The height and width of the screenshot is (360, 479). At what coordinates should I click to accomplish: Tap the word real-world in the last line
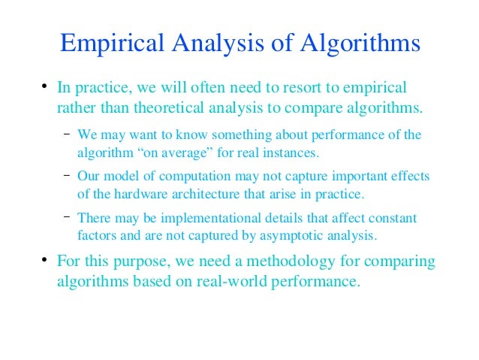pos(234,284)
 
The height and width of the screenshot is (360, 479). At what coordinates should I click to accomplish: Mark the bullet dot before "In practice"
pos(45,88)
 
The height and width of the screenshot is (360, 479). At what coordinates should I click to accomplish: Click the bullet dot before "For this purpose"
pos(45,262)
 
